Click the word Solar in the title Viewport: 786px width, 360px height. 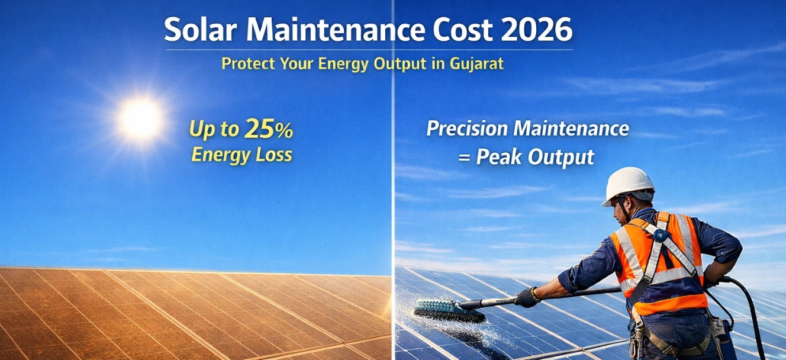pos(199,30)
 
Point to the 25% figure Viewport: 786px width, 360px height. pos(269,128)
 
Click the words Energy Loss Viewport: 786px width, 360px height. pos(241,155)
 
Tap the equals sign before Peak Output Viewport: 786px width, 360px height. pos(464,157)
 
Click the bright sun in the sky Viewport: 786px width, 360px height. pos(140,119)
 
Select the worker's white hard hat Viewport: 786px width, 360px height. pos(628,185)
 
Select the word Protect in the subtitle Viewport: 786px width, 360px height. pos(248,64)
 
